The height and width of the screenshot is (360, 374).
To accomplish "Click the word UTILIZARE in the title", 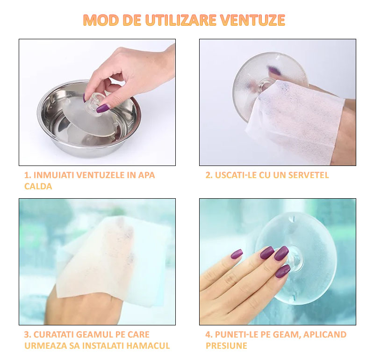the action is [180, 20].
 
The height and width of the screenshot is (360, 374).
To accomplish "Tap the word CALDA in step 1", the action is [38, 186].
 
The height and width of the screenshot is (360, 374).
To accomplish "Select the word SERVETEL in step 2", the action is [309, 175].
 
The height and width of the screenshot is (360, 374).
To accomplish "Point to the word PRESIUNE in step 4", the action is [226, 346].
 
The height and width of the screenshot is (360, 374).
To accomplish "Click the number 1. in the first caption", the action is [28, 175].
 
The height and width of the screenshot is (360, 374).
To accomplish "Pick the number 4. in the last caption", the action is [209, 334].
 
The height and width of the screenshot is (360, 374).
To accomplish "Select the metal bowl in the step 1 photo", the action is [89, 119].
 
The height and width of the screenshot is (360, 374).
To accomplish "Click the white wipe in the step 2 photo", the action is [296, 122].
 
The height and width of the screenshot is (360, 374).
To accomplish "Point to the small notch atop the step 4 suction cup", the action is [293, 218].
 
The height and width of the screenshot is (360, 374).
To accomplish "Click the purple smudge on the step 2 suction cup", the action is [273, 70].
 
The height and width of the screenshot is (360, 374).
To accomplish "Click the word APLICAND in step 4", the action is [324, 334].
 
